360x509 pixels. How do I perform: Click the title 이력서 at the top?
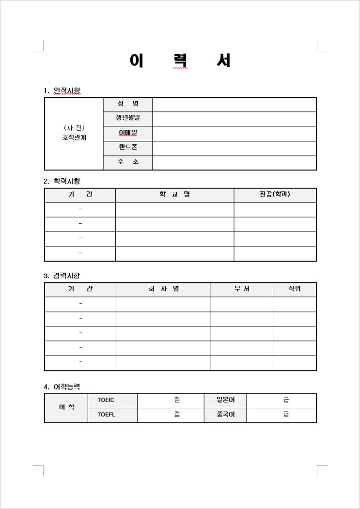tap(180, 61)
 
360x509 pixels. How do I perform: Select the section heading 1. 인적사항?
tap(62, 91)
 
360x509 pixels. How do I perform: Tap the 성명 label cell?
tap(128, 104)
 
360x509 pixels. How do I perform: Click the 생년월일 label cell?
tap(128, 118)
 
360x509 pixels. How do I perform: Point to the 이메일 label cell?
tap(128, 133)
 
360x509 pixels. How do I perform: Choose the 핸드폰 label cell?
tap(128, 147)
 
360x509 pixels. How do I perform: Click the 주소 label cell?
tap(128, 162)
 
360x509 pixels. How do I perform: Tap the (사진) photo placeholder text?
tap(74, 128)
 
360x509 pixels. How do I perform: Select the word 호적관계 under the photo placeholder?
tap(74, 138)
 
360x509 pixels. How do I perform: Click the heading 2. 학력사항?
tap(62, 181)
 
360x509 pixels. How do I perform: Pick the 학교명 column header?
tap(174, 195)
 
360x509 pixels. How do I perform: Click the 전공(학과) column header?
tap(275, 195)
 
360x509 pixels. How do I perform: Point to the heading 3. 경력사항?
tap(62, 276)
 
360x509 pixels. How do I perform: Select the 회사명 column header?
tap(163, 289)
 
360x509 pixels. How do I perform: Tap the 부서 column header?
tap(242, 289)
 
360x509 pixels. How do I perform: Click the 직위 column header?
tap(295, 289)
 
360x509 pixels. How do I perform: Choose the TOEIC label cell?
tap(106, 400)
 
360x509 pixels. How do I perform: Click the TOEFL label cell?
tap(106, 415)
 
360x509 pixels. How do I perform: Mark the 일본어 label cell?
tap(225, 400)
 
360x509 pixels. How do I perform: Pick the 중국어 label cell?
tap(225, 415)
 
